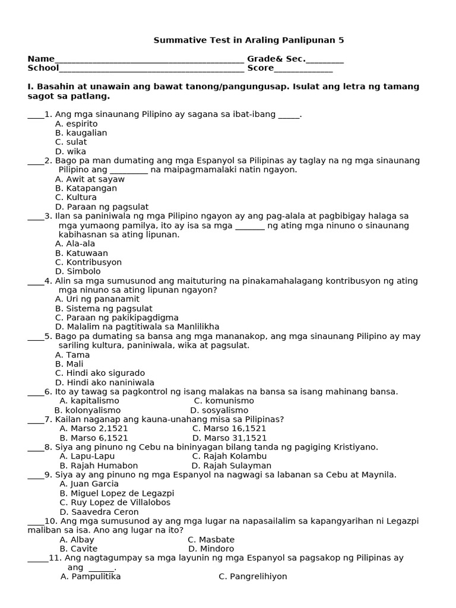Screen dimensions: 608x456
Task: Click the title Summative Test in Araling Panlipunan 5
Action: click(249, 40)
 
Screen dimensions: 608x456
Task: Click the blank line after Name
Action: click(149, 60)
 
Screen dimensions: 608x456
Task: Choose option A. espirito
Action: click(77, 123)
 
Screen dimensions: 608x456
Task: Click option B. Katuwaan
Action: click(81, 253)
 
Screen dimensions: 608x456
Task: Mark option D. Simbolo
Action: click(78, 271)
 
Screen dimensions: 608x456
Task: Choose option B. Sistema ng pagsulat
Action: click(104, 309)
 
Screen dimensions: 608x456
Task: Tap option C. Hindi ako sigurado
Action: click(100, 373)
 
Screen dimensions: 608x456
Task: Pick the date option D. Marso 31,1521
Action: click(229, 438)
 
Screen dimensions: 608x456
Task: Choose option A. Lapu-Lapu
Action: click(87, 457)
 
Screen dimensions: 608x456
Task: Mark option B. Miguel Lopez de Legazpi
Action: click(117, 493)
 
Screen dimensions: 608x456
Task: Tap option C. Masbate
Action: click(211, 540)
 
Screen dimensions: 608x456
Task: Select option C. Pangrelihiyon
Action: click(253, 577)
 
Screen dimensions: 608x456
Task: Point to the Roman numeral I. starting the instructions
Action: click(30, 87)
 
